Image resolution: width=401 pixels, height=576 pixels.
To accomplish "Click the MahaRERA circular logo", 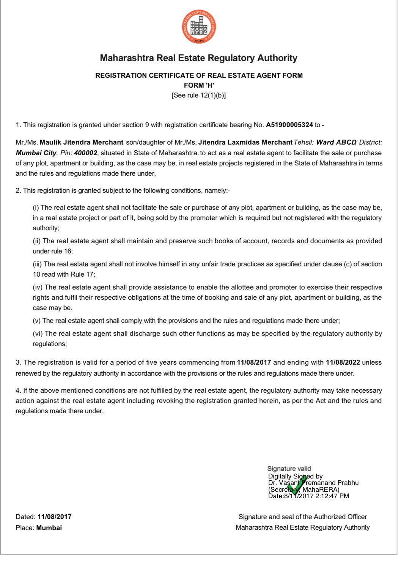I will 199,27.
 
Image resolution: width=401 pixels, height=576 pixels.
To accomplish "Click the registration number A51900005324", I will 289,125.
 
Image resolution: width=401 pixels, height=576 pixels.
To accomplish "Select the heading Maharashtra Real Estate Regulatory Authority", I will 198,58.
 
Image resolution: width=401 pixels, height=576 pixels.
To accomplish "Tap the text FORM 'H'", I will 199,85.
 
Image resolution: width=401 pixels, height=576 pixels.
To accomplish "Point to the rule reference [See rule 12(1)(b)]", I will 199,95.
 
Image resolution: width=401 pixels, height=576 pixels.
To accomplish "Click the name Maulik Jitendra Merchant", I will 82,142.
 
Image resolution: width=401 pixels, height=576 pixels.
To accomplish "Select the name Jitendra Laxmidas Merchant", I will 245,142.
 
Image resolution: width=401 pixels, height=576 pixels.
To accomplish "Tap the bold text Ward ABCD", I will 336,142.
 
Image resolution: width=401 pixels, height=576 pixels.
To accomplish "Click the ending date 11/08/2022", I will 343,362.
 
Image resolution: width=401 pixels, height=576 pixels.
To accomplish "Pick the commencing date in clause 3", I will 254,362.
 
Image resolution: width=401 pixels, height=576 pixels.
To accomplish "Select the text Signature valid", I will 289,469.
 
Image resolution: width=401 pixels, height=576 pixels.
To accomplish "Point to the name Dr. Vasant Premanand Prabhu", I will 313,483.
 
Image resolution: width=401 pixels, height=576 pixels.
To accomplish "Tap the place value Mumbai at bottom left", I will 49,528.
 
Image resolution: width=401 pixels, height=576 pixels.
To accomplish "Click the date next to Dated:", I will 54,517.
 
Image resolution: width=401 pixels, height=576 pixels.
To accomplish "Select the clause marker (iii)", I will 38,264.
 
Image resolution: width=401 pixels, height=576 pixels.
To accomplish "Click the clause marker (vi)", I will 38,334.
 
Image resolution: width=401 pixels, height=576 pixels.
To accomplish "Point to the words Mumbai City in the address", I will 36,153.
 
